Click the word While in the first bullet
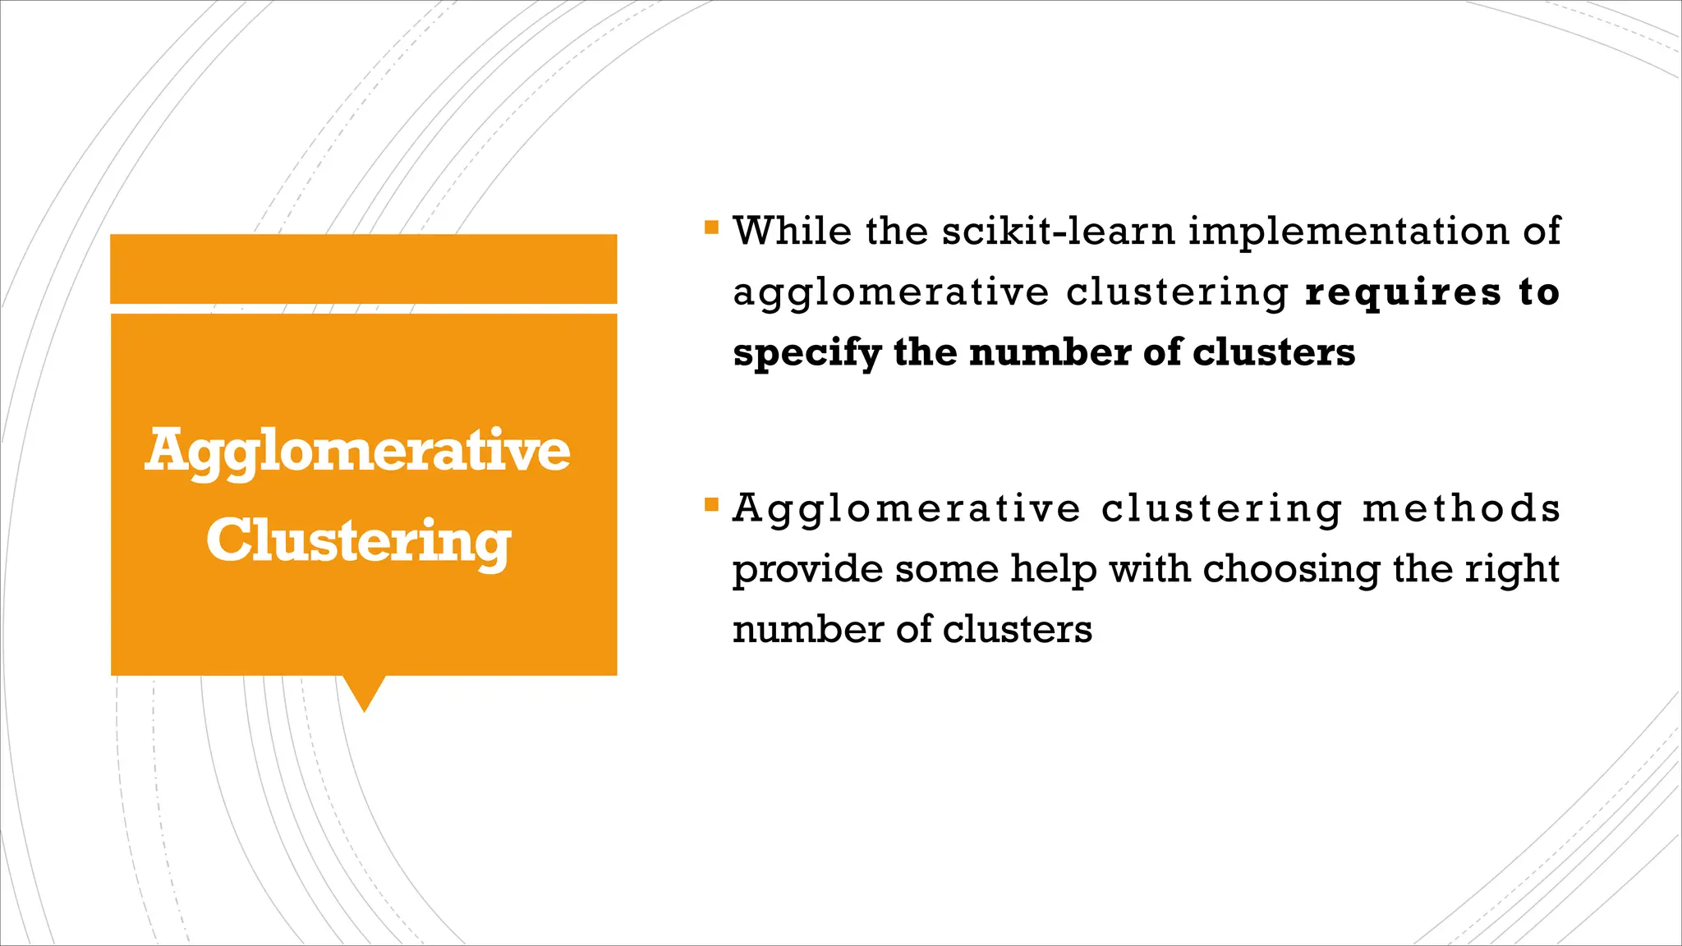coord(792,231)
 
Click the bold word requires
coord(1403,292)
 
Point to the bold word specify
coord(807,354)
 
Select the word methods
coord(1462,508)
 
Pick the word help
coord(1054,568)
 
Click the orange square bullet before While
coord(711,226)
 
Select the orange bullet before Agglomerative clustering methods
coord(711,503)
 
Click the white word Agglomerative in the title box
coord(358,451)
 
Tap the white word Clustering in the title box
coord(359,542)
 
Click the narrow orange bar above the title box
coord(363,269)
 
